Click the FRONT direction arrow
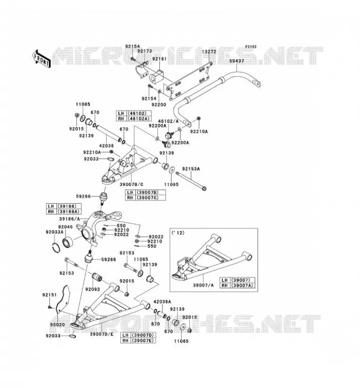42,59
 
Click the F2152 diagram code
251,47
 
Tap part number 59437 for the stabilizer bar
236,61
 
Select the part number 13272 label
209,52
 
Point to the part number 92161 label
160,59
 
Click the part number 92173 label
145,51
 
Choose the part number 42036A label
163,302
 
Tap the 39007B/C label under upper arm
131,184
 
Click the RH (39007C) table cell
146,198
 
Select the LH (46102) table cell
134,113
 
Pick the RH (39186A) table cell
64,211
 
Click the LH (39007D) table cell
138,335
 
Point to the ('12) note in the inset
178,233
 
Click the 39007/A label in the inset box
203,285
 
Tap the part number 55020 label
57,324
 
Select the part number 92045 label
65,227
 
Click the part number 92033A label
54,232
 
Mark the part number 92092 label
93,289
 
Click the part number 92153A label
191,169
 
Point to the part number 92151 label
49,295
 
